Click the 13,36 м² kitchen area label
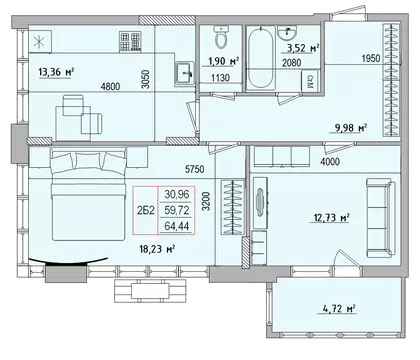[56, 71]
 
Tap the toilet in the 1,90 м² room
[221, 37]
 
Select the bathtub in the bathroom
[260, 58]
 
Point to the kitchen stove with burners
[130, 41]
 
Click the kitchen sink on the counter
[184, 73]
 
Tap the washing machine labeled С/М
[310, 81]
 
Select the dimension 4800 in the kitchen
[110, 87]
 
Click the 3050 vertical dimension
[145, 79]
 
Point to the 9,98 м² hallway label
[349, 127]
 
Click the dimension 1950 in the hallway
[371, 58]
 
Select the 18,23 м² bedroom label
[157, 249]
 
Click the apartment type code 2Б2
[146, 210]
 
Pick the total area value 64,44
[177, 226]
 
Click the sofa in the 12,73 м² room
[381, 218]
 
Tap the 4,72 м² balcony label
[339, 308]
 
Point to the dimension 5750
[195, 169]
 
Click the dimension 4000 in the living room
[330, 162]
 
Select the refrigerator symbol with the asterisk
[40, 41]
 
